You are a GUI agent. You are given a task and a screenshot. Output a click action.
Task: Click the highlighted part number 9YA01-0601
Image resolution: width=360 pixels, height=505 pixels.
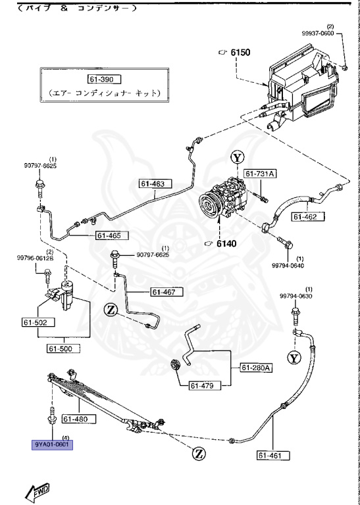tap(54, 444)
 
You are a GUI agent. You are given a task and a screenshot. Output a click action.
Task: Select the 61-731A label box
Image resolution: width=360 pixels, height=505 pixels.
tap(261, 174)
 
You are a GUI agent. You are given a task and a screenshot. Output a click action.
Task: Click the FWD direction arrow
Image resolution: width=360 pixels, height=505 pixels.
tap(37, 490)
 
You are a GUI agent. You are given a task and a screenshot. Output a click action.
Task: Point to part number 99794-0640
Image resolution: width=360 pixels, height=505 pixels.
tap(290, 266)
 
